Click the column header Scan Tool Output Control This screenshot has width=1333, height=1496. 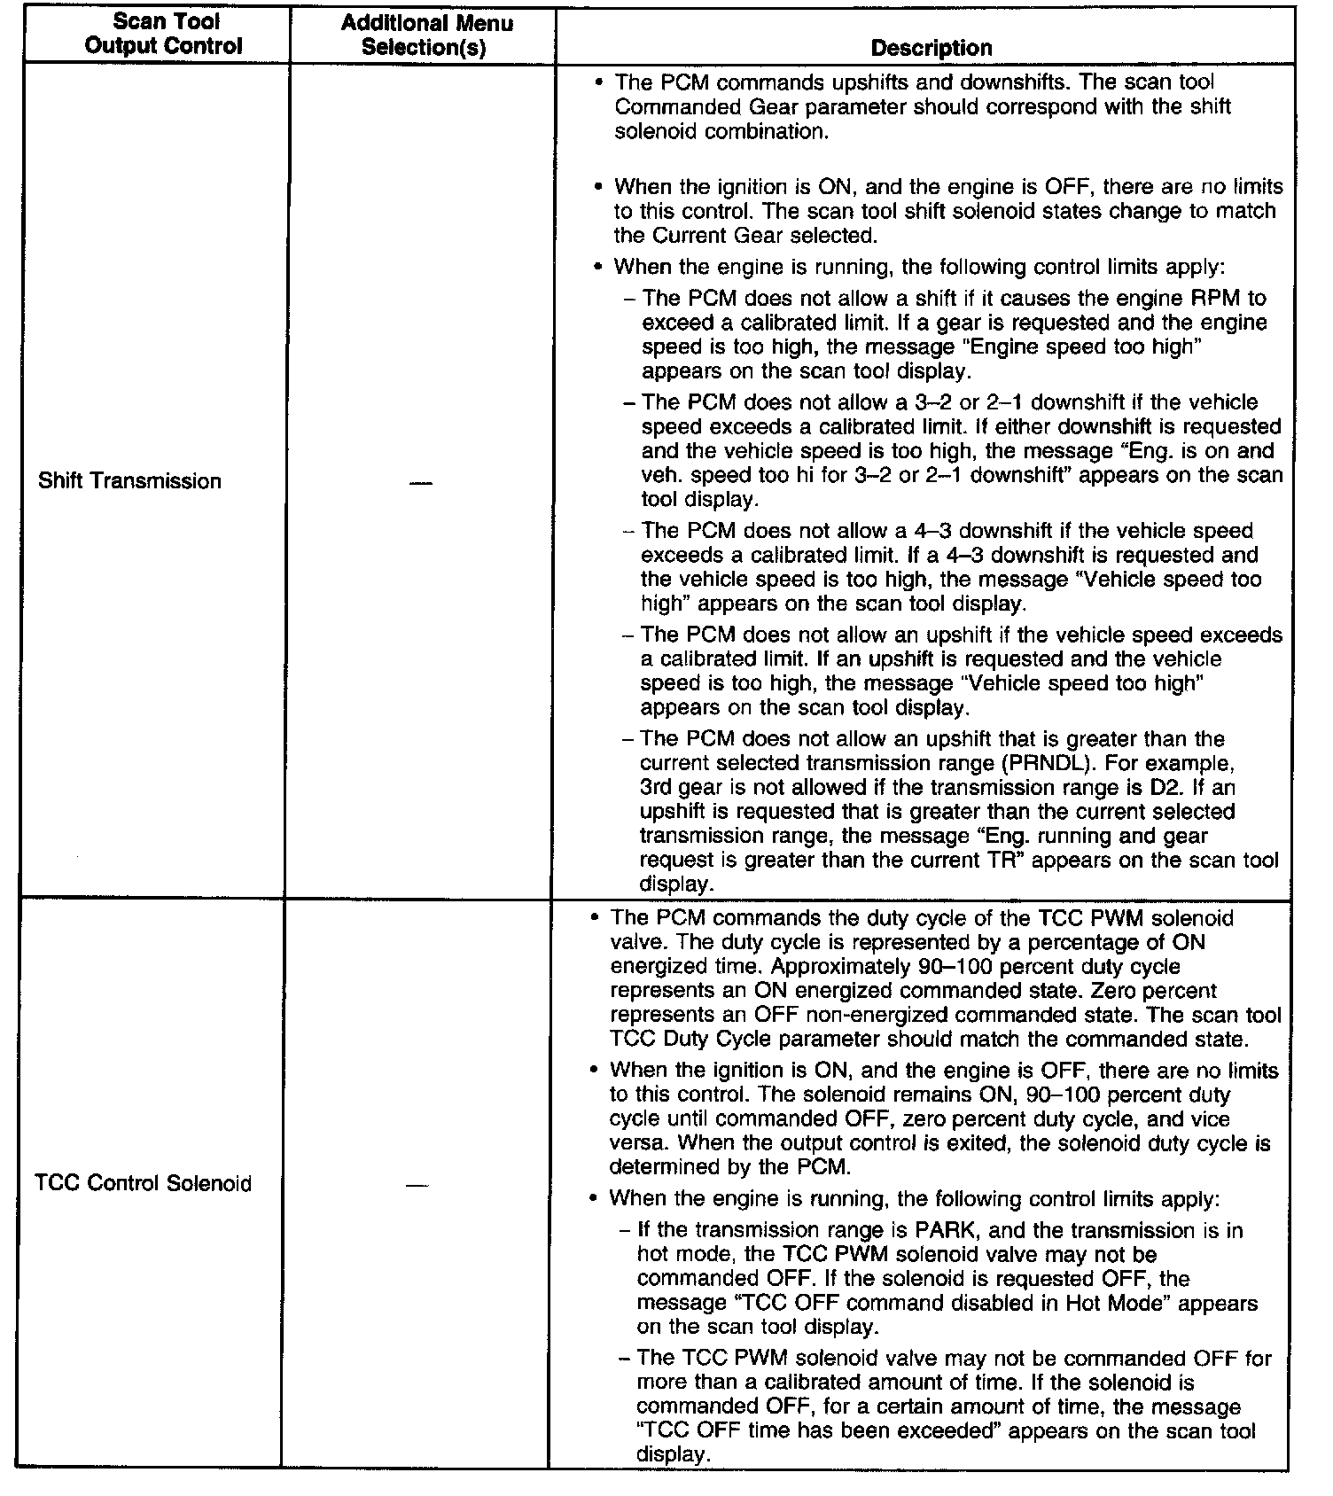(166, 34)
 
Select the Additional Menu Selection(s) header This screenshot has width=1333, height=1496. (426, 35)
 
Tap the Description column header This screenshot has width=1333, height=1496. (931, 48)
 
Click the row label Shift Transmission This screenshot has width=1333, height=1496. (129, 481)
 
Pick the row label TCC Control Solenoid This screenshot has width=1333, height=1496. (143, 1183)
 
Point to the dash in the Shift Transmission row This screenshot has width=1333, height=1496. (422, 483)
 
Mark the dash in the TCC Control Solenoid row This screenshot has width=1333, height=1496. (416, 1185)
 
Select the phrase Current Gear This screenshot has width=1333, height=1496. (717, 236)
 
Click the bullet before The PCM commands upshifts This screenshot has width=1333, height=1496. (599, 82)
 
